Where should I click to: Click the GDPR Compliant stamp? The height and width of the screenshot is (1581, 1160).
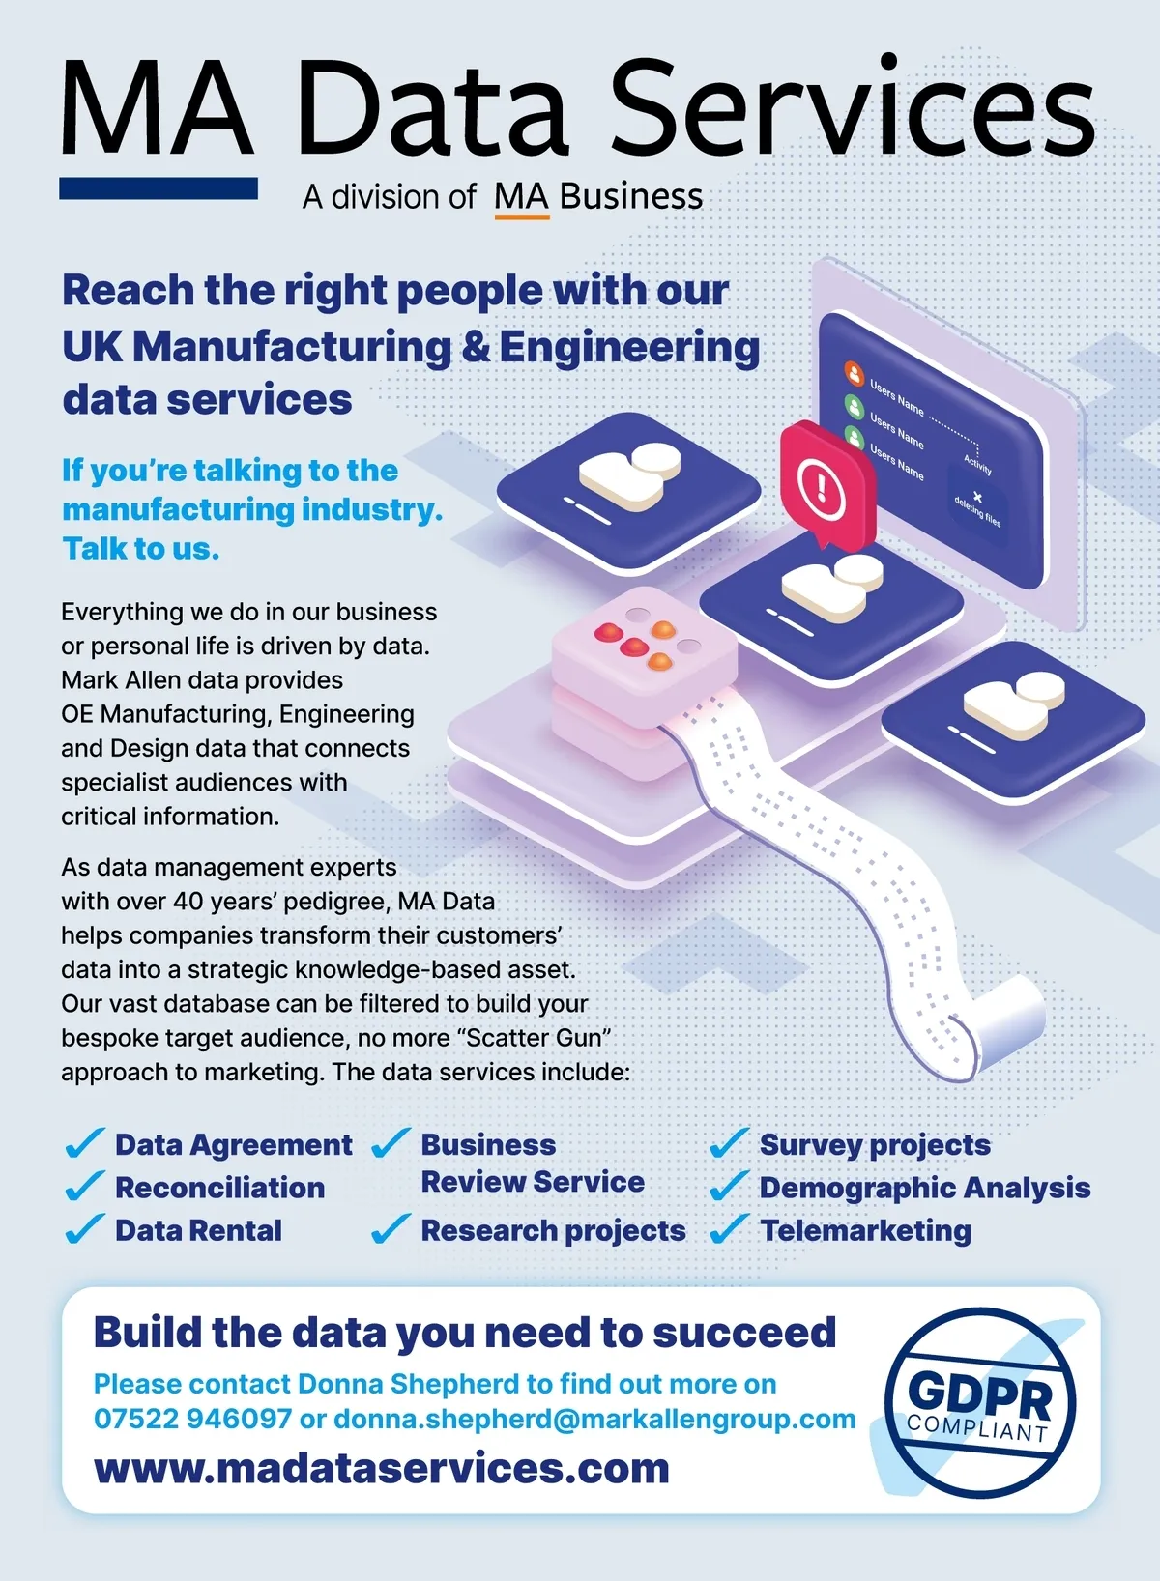(980, 1403)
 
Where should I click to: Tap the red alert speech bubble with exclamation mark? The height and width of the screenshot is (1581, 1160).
(827, 483)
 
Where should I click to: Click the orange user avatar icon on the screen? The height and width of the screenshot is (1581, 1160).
(855, 373)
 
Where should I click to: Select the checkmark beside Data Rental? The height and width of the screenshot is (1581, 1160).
(85, 1229)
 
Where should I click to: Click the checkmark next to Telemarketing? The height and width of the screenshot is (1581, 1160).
(729, 1229)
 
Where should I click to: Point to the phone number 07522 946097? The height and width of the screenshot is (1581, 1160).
(192, 1419)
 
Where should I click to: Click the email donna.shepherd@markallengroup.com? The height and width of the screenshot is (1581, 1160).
(594, 1420)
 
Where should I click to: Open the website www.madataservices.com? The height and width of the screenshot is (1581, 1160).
(381, 1469)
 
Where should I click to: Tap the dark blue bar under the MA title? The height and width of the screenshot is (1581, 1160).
(159, 187)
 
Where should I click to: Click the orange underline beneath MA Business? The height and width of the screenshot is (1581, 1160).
(522, 216)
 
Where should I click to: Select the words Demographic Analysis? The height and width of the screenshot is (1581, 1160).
(925, 1188)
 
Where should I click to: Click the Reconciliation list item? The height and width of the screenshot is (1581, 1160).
(220, 1188)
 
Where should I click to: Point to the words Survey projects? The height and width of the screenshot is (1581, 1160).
(875, 1145)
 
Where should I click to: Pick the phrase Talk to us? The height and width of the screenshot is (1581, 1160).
(141, 548)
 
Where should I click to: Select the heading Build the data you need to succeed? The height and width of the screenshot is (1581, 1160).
(465, 1334)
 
